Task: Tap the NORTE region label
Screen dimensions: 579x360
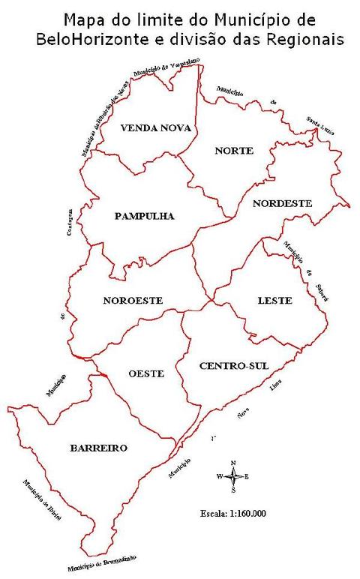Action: tap(234, 151)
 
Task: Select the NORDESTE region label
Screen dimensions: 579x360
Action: tap(281, 203)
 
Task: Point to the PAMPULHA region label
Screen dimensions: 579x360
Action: tap(144, 216)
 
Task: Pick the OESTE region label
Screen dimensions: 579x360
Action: tap(146, 373)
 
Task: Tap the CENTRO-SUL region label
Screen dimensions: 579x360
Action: tap(234, 365)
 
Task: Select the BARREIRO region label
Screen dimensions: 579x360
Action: tap(98, 448)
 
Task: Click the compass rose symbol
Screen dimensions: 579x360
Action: tap(234, 476)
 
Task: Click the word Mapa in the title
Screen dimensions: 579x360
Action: tap(85, 18)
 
